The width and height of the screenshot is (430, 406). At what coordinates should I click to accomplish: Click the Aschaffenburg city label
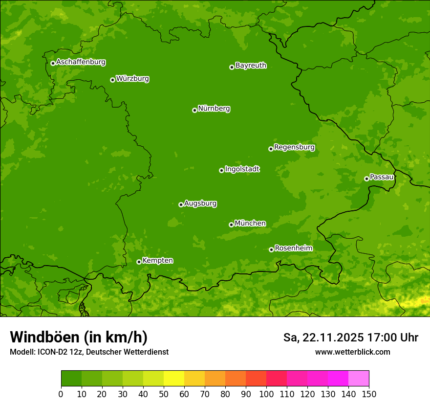point(81,62)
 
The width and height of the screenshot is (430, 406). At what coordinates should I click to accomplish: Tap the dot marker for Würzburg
point(112,80)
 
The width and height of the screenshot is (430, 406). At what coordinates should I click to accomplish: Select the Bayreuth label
point(251,66)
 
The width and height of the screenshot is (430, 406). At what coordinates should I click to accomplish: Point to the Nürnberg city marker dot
point(194,110)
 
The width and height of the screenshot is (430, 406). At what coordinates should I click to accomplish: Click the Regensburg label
point(294,147)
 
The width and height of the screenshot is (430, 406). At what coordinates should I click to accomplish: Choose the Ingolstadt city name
point(242,169)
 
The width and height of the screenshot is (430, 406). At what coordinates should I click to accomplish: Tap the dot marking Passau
point(366,179)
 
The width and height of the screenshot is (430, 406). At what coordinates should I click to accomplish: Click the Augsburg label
point(200,203)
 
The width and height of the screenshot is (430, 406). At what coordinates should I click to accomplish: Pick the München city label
point(250,224)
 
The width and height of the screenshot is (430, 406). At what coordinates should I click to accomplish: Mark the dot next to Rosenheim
point(271,249)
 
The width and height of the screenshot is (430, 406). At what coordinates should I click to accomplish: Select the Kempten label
point(157,261)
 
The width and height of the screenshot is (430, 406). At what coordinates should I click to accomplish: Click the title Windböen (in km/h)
point(79,337)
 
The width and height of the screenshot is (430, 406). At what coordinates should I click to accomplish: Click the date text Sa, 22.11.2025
point(322,338)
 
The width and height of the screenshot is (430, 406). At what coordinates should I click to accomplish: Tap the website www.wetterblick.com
point(352,352)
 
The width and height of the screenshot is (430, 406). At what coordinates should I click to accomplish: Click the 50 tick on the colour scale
point(164,394)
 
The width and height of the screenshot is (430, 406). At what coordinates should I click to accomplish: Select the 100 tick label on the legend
point(266,394)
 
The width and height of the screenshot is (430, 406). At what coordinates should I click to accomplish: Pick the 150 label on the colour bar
point(369,394)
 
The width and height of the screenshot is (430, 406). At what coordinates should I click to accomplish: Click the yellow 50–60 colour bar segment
point(174,378)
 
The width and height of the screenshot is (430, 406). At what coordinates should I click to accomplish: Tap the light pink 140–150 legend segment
point(359,378)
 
